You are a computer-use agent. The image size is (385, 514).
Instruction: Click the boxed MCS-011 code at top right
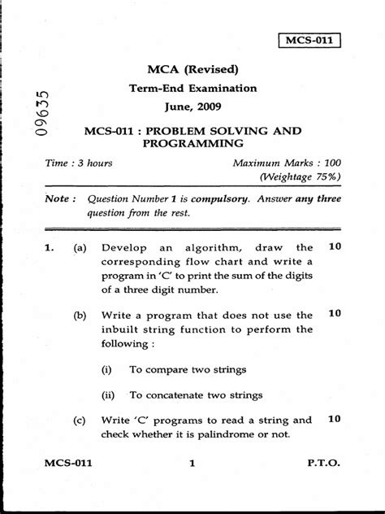point(309,39)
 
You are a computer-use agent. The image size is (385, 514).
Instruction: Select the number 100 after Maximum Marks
point(327,163)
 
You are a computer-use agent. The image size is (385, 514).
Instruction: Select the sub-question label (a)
point(80,246)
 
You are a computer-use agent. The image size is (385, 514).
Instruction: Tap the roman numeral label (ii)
point(107,395)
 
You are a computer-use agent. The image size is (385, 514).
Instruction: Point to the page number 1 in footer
point(192,486)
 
